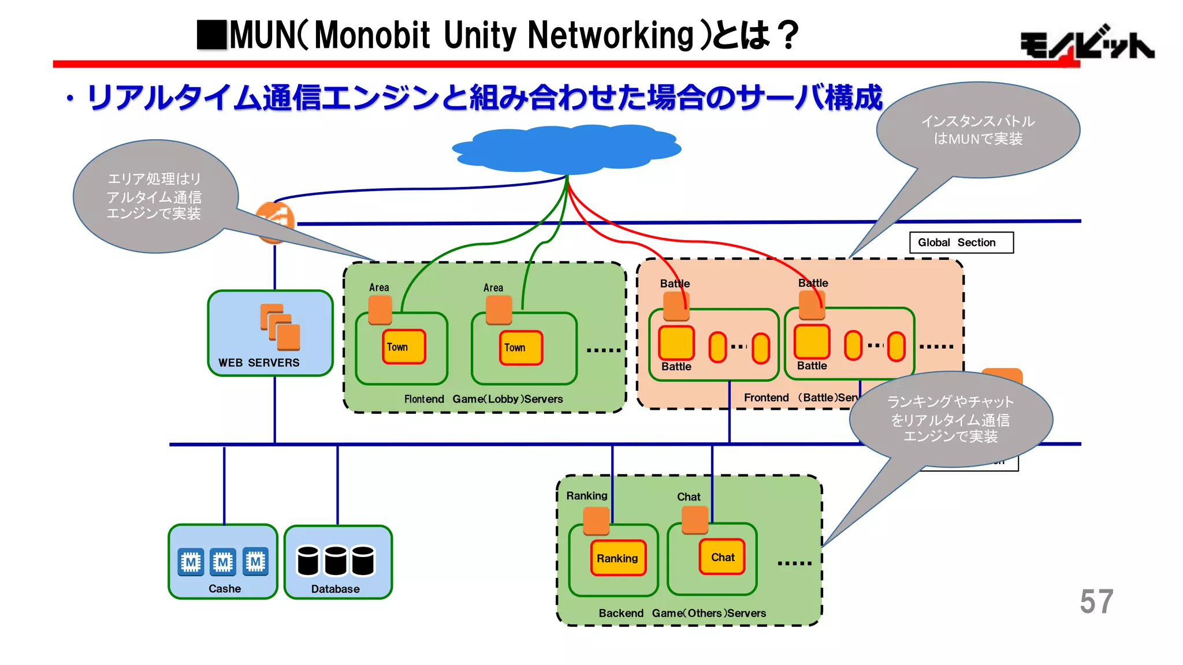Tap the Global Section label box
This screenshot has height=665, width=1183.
coord(961,242)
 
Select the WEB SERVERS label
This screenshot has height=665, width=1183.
coord(259,363)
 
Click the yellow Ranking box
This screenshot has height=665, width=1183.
coord(617,558)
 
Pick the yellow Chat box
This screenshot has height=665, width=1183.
coord(722,557)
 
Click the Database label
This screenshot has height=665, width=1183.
coord(335,589)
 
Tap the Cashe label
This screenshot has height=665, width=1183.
coord(225,589)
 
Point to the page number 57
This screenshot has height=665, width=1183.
coord(1096,602)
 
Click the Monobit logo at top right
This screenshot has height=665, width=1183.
coord(1086,45)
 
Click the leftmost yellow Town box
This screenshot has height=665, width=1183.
coord(404,347)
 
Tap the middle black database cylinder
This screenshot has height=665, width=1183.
coord(335,561)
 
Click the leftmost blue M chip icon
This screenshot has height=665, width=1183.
coord(191,562)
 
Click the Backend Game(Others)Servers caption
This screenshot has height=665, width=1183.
coord(682,613)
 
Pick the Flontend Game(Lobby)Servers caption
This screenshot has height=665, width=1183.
coord(483,399)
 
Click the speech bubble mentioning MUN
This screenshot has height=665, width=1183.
coord(978,130)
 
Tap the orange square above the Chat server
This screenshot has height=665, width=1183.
coord(695,520)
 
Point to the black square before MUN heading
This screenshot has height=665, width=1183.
coord(212,35)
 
